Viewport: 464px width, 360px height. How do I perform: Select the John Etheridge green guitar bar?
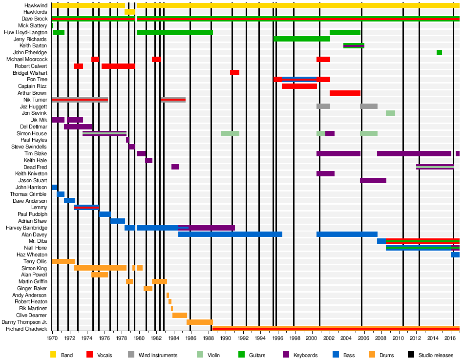439,52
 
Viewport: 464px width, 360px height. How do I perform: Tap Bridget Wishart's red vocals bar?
234,73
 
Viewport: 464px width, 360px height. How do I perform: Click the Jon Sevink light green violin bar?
390,113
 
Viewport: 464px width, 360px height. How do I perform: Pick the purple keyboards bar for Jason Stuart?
373,181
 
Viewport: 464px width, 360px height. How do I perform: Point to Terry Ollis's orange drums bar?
63,262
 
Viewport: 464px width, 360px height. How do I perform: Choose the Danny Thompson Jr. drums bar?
200,322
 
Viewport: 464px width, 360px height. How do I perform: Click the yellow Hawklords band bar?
130,12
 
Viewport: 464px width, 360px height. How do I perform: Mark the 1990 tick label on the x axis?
225,338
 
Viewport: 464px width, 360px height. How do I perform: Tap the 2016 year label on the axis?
450,338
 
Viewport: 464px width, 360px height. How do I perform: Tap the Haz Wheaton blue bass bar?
455,255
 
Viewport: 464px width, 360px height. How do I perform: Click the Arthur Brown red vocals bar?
345,93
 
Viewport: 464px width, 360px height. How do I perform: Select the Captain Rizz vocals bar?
299,86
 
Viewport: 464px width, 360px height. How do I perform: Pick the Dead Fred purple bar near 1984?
175,167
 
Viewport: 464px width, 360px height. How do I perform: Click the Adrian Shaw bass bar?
118,221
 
